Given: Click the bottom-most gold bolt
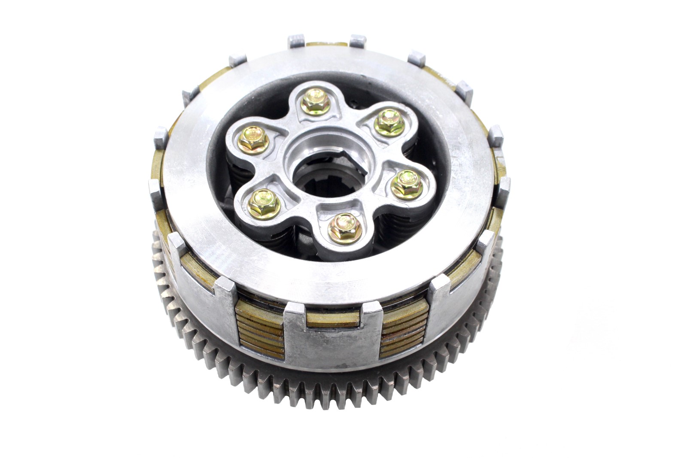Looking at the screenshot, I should pos(345,227).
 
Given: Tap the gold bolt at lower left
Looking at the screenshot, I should pos(264,203).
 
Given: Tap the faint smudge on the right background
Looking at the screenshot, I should pos(593,326).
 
